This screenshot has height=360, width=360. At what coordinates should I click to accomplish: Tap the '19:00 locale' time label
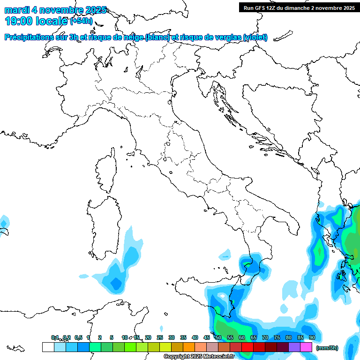click(x=37, y=21)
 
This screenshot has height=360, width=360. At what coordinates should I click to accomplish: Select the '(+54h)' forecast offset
click(x=81, y=21)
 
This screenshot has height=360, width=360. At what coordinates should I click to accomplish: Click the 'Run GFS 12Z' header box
click(x=299, y=7)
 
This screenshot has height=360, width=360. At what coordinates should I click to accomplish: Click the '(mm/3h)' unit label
click(x=327, y=347)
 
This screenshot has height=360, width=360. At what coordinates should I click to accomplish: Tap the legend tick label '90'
click(x=312, y=337)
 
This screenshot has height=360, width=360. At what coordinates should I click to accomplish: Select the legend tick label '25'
click(x=160, y=337)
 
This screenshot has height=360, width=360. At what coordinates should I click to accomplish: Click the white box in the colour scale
click(x=48, y=347)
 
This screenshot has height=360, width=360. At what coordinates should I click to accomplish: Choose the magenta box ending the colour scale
click(x=306, y=347)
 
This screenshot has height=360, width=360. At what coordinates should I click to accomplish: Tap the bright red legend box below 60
click(x=247, y=347)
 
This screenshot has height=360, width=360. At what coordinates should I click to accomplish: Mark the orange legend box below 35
click(x=189, y=347)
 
